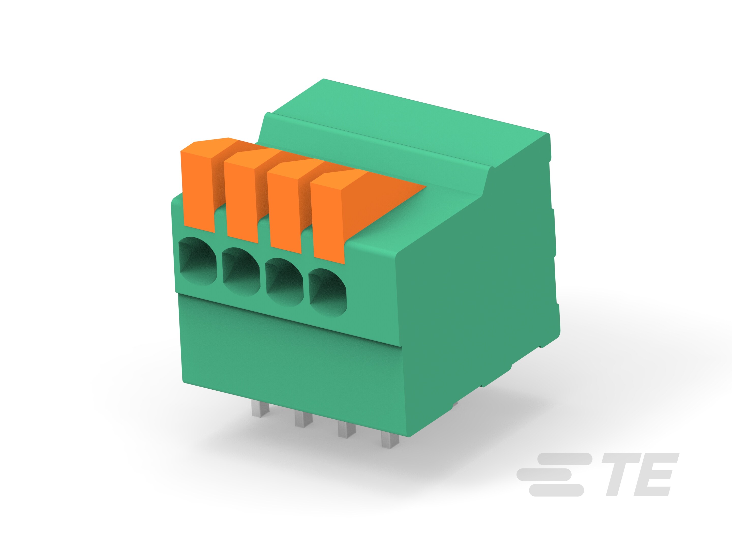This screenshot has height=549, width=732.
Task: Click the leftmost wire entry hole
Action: (197, 262)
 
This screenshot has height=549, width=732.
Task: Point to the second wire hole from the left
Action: (241, 272)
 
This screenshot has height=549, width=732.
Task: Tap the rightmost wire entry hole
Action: (328, 293)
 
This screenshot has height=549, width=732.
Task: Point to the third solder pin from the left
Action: (346, 430)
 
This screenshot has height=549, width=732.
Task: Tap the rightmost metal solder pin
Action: (389, 440)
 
